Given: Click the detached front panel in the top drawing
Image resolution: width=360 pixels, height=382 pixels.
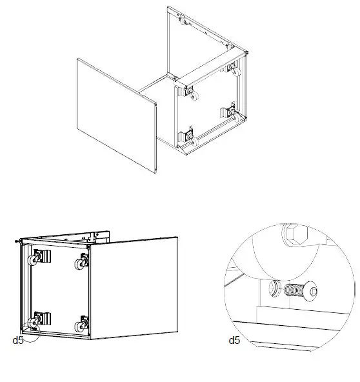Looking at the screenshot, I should [x=117, y=116].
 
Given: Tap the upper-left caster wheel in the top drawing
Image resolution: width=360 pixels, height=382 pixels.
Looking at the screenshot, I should [x=192, y=94].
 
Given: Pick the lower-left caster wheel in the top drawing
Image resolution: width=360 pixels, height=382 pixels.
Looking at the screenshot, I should [x=192, y=137].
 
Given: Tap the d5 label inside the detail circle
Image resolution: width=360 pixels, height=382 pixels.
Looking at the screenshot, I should [x=234, y=339].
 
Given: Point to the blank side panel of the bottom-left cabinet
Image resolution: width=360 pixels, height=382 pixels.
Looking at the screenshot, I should [x=134, y=287].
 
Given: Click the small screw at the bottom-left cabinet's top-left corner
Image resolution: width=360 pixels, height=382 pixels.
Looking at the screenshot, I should [x=15, y=241].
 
